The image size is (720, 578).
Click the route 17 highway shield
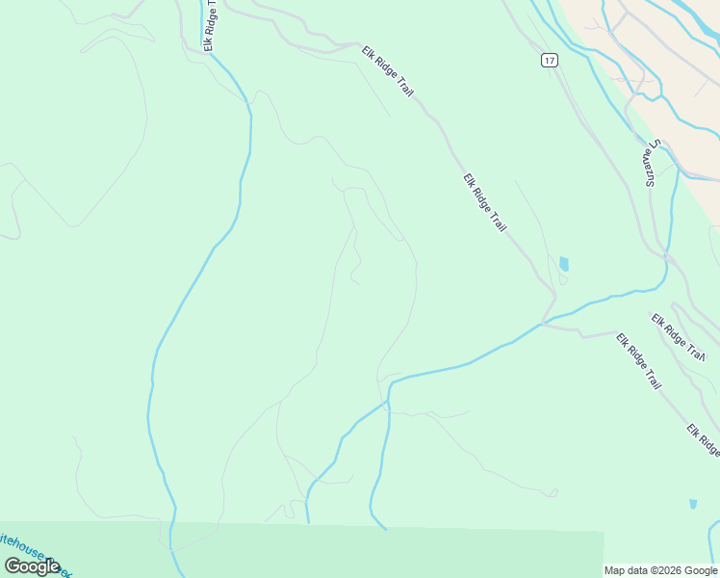[x=549, y=60]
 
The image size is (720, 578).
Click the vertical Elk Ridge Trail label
[x=209, y=25]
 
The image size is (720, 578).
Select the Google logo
[x=33, y=566]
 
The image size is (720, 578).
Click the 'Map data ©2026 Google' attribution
[x=661, y=570]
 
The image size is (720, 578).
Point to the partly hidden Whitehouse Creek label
[x=34, y=552]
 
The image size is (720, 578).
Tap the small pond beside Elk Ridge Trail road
[x=563, y=263]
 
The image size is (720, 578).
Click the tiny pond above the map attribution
[x=693, y=504]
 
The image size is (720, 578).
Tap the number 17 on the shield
[x=549, y=60]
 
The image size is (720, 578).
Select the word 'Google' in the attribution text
[x=700, y=570]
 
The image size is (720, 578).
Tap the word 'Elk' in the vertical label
[x=208, y=43]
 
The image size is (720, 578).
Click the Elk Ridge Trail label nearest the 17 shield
[x=389, y=71]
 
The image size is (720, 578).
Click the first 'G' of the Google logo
[x=13, y=565]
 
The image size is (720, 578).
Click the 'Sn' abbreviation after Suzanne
[x=651, y=145]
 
